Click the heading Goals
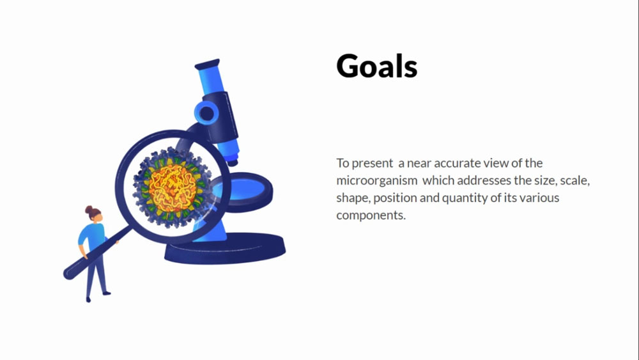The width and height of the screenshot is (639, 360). point(377,66)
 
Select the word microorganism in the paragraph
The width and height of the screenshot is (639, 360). point(377,180)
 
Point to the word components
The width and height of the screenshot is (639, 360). point(371,215)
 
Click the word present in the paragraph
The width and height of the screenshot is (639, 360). point(372,164)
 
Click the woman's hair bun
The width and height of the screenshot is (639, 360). point(89,210)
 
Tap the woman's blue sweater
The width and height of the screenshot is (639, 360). point(93,237)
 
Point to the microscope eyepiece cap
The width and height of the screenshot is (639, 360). point(208,64)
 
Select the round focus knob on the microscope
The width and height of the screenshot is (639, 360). point(206,113)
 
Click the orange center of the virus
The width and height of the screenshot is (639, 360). point(173,188)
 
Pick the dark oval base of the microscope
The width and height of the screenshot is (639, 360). point(225,248)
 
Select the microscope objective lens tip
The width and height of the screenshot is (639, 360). point(233,162)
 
